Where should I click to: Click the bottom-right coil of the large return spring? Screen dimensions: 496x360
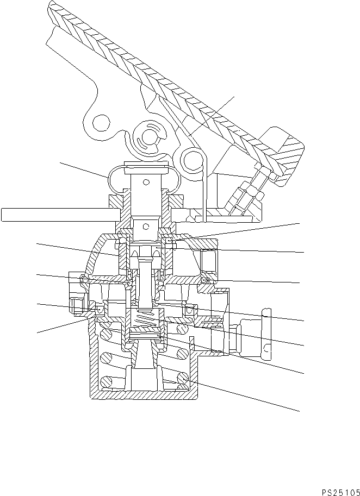tap(181, 379)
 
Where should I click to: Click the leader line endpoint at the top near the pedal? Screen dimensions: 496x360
tap(234, 97)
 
